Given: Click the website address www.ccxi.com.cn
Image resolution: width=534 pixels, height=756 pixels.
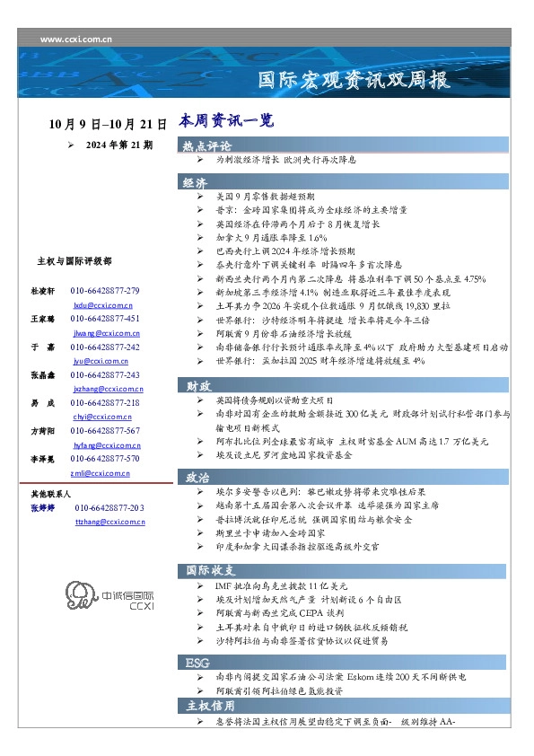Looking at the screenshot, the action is [x=76, y=40].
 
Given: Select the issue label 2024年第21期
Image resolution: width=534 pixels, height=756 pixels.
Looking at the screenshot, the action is [x=118, y=144].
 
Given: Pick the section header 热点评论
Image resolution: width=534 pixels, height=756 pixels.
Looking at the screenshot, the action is [x=207, y=145].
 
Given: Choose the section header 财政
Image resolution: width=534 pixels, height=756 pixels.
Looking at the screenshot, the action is [x=198, y=385].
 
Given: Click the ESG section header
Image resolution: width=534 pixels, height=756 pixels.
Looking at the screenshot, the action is [x=197, y=662].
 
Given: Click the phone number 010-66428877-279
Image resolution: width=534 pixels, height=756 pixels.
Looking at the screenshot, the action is [x=105, y=291].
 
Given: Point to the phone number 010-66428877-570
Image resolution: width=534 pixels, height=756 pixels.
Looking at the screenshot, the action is [x=105, y=458].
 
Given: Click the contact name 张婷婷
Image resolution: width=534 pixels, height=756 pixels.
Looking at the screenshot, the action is [x=44, y=508].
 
